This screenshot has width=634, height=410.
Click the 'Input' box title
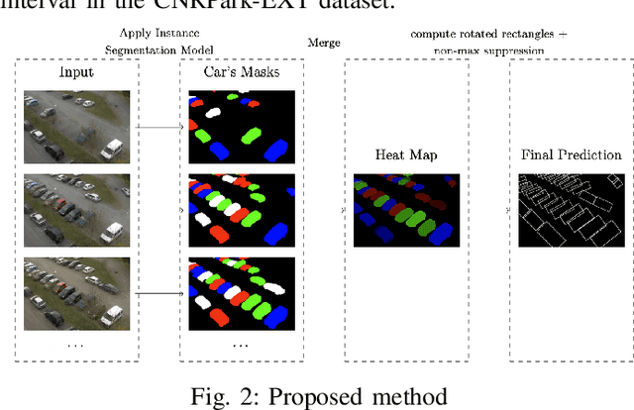coord(77,72)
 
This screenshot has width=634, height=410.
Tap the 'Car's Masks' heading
coord(242,72)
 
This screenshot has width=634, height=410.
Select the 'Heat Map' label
coord(405,154)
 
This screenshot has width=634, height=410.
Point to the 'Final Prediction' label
coord(571,154)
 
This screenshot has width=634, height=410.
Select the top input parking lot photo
coord(76,124)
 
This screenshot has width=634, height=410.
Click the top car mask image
coord(242,124)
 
